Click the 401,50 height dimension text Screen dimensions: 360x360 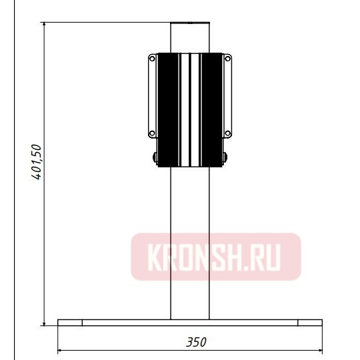tap(37, 161)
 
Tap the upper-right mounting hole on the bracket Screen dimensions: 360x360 tap(228, 59)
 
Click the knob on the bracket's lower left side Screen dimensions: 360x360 tap(155, 157)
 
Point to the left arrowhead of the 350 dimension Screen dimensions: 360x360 tap(62, 350)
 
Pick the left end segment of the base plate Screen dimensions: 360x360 tap(70, 323)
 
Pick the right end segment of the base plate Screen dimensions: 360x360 tap(310, 323)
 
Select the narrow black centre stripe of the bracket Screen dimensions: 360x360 tap(191, 110)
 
